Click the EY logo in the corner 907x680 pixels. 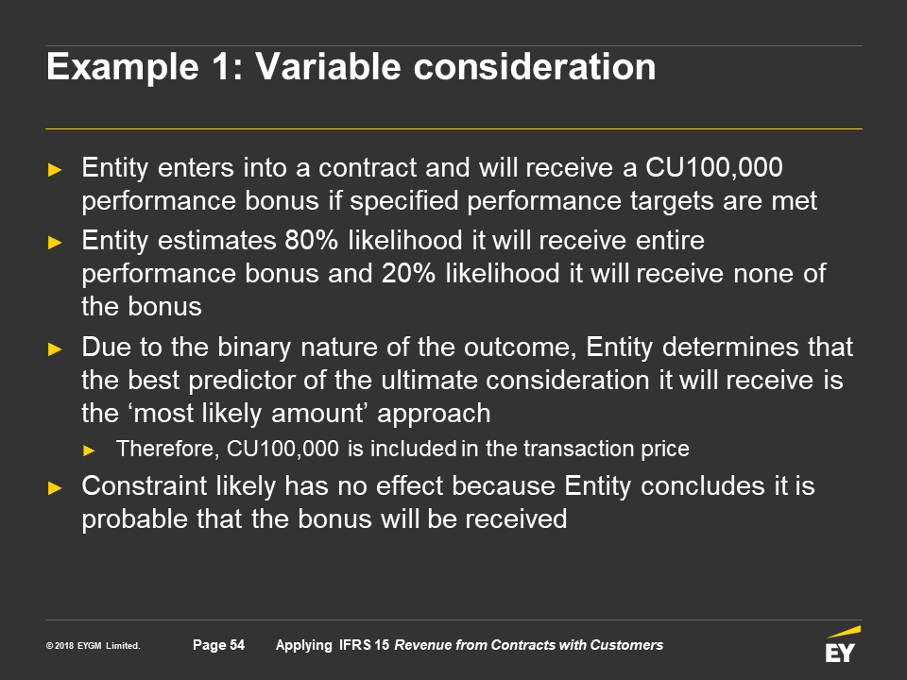(842, 644)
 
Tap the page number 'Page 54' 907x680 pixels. (218, 645)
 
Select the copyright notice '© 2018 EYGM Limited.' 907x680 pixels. (94, 646)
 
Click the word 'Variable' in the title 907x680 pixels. (329, 66)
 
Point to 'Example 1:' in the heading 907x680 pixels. (145, 68)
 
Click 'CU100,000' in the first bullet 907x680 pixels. (714, 168)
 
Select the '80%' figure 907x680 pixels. (311, 240)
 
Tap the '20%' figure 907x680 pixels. (408, 274)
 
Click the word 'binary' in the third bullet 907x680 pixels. (254, 348)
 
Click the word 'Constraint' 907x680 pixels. (144, 485)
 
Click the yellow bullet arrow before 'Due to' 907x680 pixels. (55, 348)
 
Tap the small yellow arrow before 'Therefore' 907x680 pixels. (89, 450)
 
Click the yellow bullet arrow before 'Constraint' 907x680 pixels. (55, 487)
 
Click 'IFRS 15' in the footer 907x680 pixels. (364, 645)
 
